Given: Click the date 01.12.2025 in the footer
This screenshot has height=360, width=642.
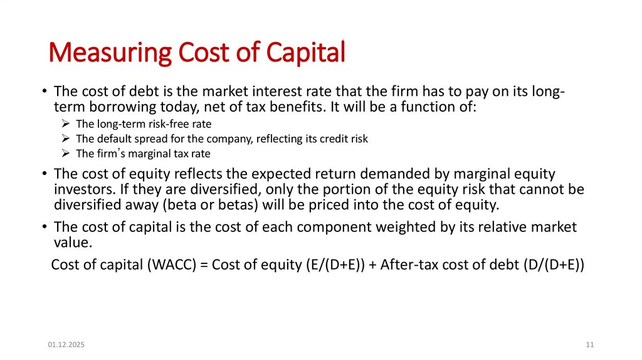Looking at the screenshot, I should [x=66, y=346].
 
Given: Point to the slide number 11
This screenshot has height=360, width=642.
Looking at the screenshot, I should [x=590, y=346].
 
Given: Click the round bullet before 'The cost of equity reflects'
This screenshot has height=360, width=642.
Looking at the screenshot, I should [x=45, y=174].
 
